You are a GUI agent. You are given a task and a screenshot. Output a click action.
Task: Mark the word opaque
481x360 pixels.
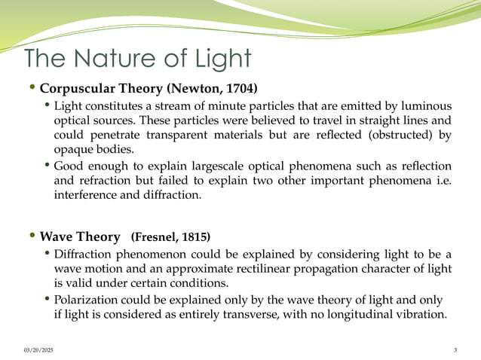coord(72,149)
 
